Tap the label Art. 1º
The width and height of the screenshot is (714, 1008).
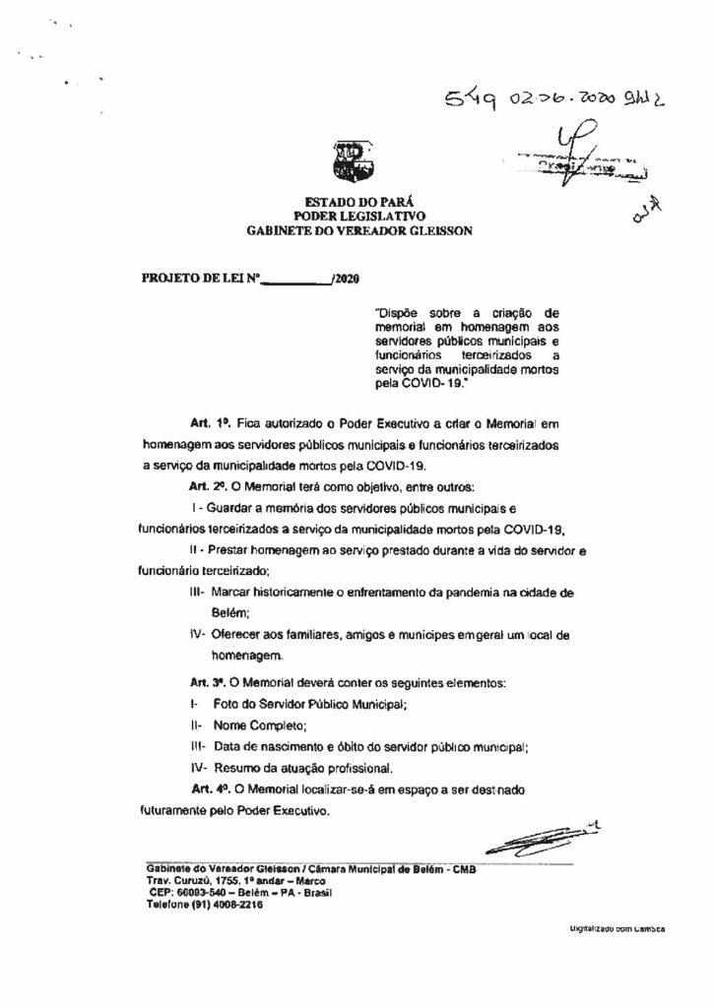point(197,422)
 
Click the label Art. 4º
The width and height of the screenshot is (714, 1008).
point(210,789)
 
